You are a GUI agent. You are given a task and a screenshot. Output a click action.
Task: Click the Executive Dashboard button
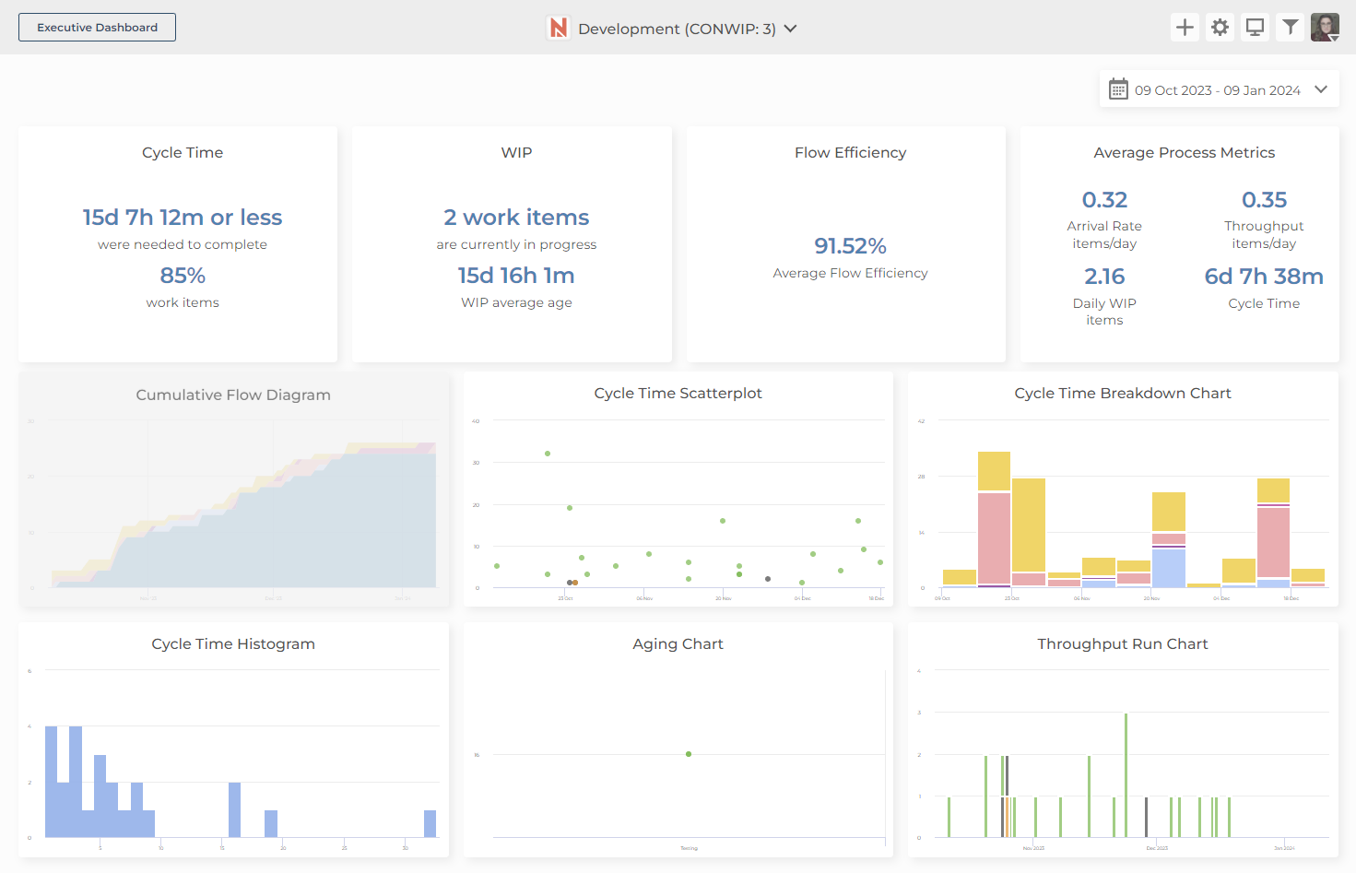point(97,28)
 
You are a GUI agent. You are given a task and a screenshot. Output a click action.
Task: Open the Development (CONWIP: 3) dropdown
point(673,29)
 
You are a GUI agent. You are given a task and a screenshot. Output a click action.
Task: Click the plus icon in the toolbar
point(1185,28)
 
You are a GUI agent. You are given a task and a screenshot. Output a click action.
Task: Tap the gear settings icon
point(1220,28)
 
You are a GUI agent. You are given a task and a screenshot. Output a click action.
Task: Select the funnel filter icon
point(1291,28)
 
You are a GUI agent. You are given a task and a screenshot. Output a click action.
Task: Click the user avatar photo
point(1325,28)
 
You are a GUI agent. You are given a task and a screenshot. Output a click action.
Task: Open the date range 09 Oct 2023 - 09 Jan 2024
point(1218,90)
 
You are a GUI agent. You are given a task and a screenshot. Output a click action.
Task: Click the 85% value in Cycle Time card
point(183,276)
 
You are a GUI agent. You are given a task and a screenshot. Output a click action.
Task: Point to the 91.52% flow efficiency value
point(850,246)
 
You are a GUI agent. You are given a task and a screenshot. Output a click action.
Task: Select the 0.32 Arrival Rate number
point(1104,200)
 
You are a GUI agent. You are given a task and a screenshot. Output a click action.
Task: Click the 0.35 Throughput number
point(1264,200)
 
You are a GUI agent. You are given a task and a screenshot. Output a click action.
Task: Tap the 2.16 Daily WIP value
point(1104,277)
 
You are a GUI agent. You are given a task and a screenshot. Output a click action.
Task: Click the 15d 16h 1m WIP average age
point(516,276)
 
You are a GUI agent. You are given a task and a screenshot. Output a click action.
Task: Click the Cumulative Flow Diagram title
point(233,395)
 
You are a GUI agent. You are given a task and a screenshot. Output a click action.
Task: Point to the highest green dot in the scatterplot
point(548,454)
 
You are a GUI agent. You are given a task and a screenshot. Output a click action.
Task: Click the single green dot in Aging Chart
point(689,754)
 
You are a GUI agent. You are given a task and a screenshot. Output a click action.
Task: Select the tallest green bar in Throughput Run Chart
point(1126,774)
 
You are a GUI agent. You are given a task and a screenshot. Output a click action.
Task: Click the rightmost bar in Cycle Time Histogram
point(430,823)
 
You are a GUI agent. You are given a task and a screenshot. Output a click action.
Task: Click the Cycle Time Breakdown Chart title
point(1122,394)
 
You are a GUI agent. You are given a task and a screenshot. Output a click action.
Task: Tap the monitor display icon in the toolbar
point(1255,28)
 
